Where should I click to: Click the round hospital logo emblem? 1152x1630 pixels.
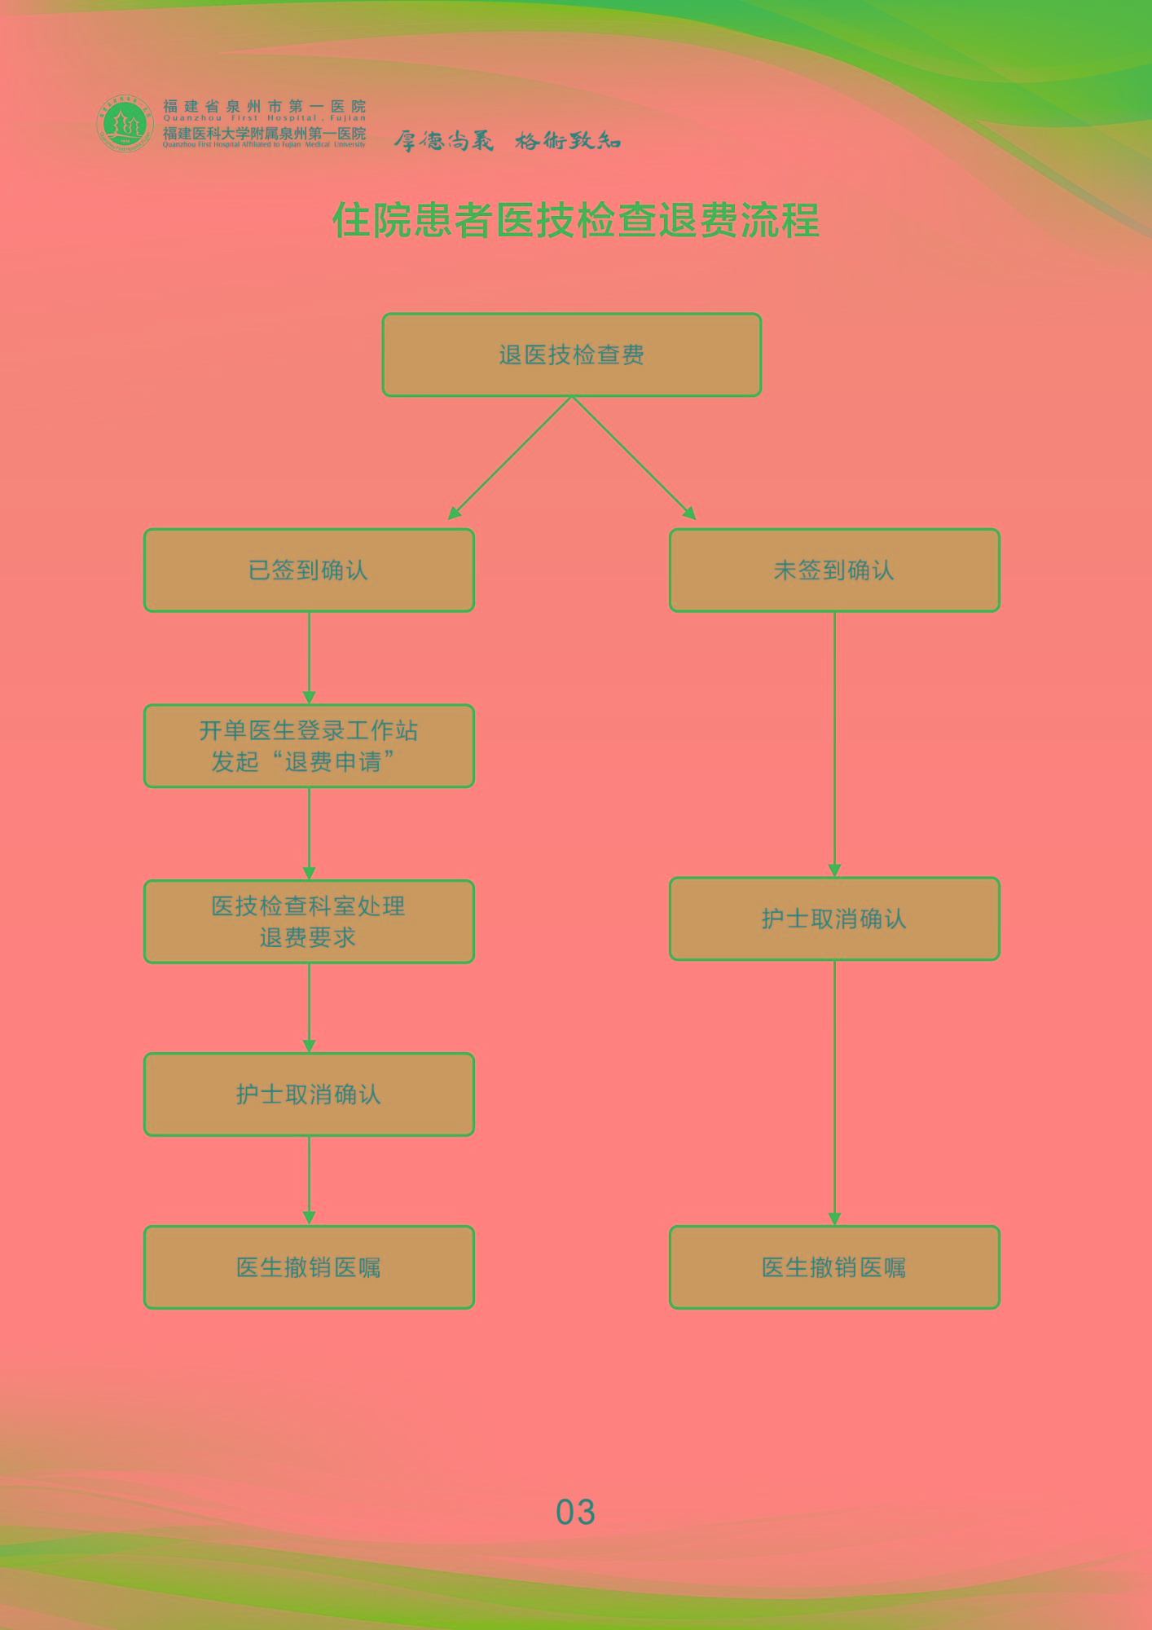(x=125, y=123)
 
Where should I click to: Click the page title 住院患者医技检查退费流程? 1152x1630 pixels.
(x=575, y=220)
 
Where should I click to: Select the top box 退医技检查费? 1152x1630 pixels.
(x=571, y=355)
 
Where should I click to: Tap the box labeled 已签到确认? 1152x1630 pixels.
(x=309, y=570)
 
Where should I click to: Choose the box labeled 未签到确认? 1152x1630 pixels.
(x=834, y=570)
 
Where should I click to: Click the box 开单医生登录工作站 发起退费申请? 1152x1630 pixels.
(x=309, y=746)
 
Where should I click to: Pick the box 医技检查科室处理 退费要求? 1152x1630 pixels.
(x=309, y=922)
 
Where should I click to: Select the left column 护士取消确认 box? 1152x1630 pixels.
(x=309, y=1095)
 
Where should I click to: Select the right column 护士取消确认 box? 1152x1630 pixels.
(x=834, y=919)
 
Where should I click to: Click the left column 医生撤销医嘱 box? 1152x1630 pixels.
(x=309, y=1267)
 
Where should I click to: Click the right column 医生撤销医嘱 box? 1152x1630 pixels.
(x=834, y=1267)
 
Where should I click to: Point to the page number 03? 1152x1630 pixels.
(x=575, y=1513)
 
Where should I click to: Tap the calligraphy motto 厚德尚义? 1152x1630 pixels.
(x=444, y=141)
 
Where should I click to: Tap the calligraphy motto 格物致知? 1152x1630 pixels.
(x=568, y=141)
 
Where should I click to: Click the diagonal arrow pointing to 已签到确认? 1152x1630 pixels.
(x=510, y=458)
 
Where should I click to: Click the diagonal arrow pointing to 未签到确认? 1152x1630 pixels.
(x=634, y=458)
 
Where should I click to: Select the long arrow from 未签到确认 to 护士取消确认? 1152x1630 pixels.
(x=834, y=743)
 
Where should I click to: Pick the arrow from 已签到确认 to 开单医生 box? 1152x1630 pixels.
(x=309, y=657)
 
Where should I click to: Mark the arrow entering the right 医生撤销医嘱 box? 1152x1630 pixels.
(x=834, y=1092)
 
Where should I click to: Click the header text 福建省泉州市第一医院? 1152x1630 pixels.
(x=264, y=106)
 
